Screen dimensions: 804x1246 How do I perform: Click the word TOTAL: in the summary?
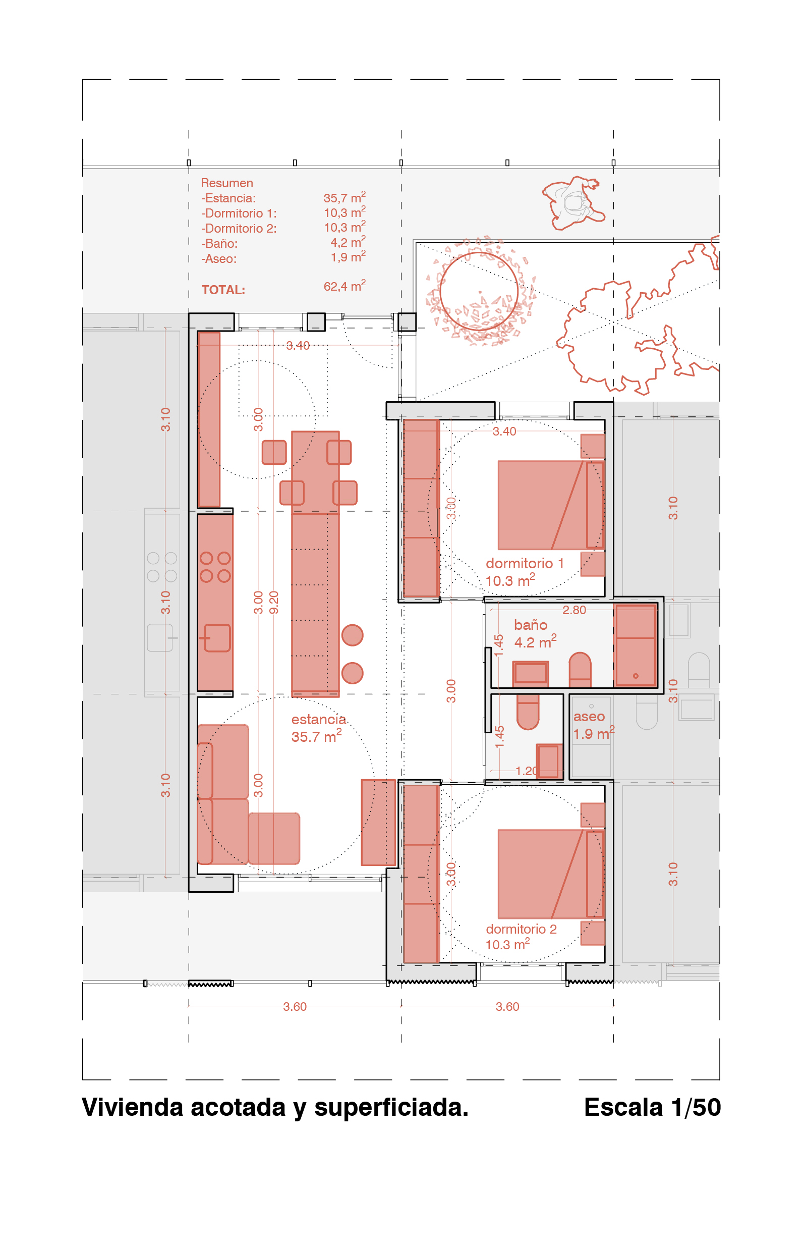223,290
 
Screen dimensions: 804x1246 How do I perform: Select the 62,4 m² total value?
344,286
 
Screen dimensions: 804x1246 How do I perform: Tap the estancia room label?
318,720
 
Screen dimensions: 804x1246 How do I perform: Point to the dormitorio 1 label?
525,564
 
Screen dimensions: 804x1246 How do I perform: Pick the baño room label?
531,625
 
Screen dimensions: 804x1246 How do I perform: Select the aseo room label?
589,717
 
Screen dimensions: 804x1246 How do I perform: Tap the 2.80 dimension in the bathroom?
575,610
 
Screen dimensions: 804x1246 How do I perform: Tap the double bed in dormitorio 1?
551,505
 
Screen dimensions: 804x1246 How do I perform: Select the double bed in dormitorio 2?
551,874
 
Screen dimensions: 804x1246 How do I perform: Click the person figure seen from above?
574,203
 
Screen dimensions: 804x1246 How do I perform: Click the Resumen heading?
227,183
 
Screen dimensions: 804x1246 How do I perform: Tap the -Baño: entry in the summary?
219,243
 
